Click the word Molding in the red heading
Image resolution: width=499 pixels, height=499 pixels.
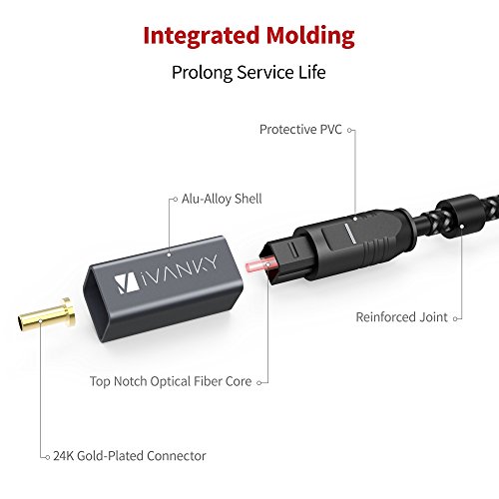tap(307, 37)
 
